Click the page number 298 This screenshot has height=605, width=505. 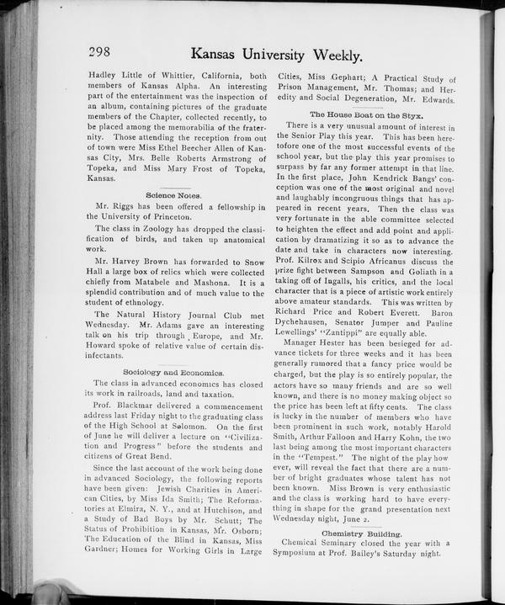point(102,52)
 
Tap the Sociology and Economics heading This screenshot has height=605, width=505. point(173,371)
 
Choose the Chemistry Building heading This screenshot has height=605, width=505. point(361,533)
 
